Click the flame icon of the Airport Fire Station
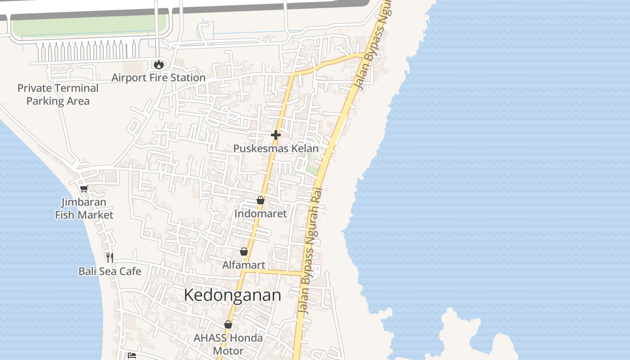point(158,65)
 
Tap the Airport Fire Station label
point(158,78)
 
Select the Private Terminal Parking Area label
point(58,94)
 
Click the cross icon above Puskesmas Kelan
point(276,135)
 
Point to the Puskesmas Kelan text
point(276,148)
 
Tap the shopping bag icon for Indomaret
point(261,200)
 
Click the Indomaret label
point(261,214)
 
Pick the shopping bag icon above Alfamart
point(244,252)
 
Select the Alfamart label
point(244,265)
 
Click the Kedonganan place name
point(233,295)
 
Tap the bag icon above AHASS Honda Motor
point(228,324)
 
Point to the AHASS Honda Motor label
point(228,344)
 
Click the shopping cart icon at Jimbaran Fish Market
point(84,189)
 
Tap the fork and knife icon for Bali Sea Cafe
point(110,257)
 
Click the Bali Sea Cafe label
point(110,271)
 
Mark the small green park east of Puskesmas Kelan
point(312,170)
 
